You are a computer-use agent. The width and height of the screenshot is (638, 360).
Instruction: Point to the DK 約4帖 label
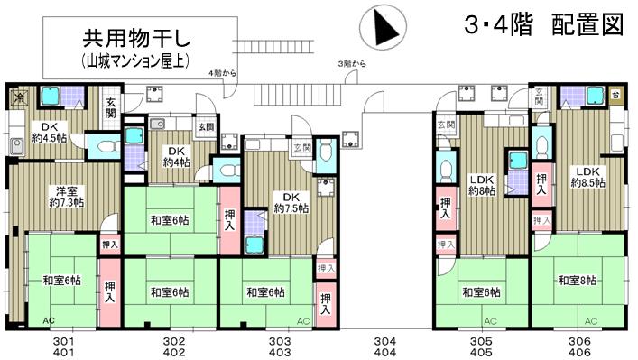pyautogui.click(x=177, y=157)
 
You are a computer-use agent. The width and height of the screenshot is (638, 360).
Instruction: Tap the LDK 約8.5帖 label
pyautogui.click(x=587, y=177)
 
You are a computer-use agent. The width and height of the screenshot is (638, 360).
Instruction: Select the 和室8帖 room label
pyautogui.click(x=577, y=280)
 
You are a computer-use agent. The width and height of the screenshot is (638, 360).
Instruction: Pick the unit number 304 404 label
pyautogui.click(x=385, y=346)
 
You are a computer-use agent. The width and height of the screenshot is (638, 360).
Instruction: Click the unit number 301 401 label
pyautogui.click(x=60, y=346)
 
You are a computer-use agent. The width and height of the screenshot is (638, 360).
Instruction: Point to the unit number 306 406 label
pyautogui.click(x=579, y=346)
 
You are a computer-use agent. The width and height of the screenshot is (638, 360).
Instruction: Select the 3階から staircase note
pyautogui.click(x=351, y=64)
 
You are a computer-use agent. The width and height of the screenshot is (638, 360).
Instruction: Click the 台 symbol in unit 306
pyautogui.click(x=615, y=94)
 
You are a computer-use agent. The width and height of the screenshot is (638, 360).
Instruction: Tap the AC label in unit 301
pyautogui.click(x=47, y=320)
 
